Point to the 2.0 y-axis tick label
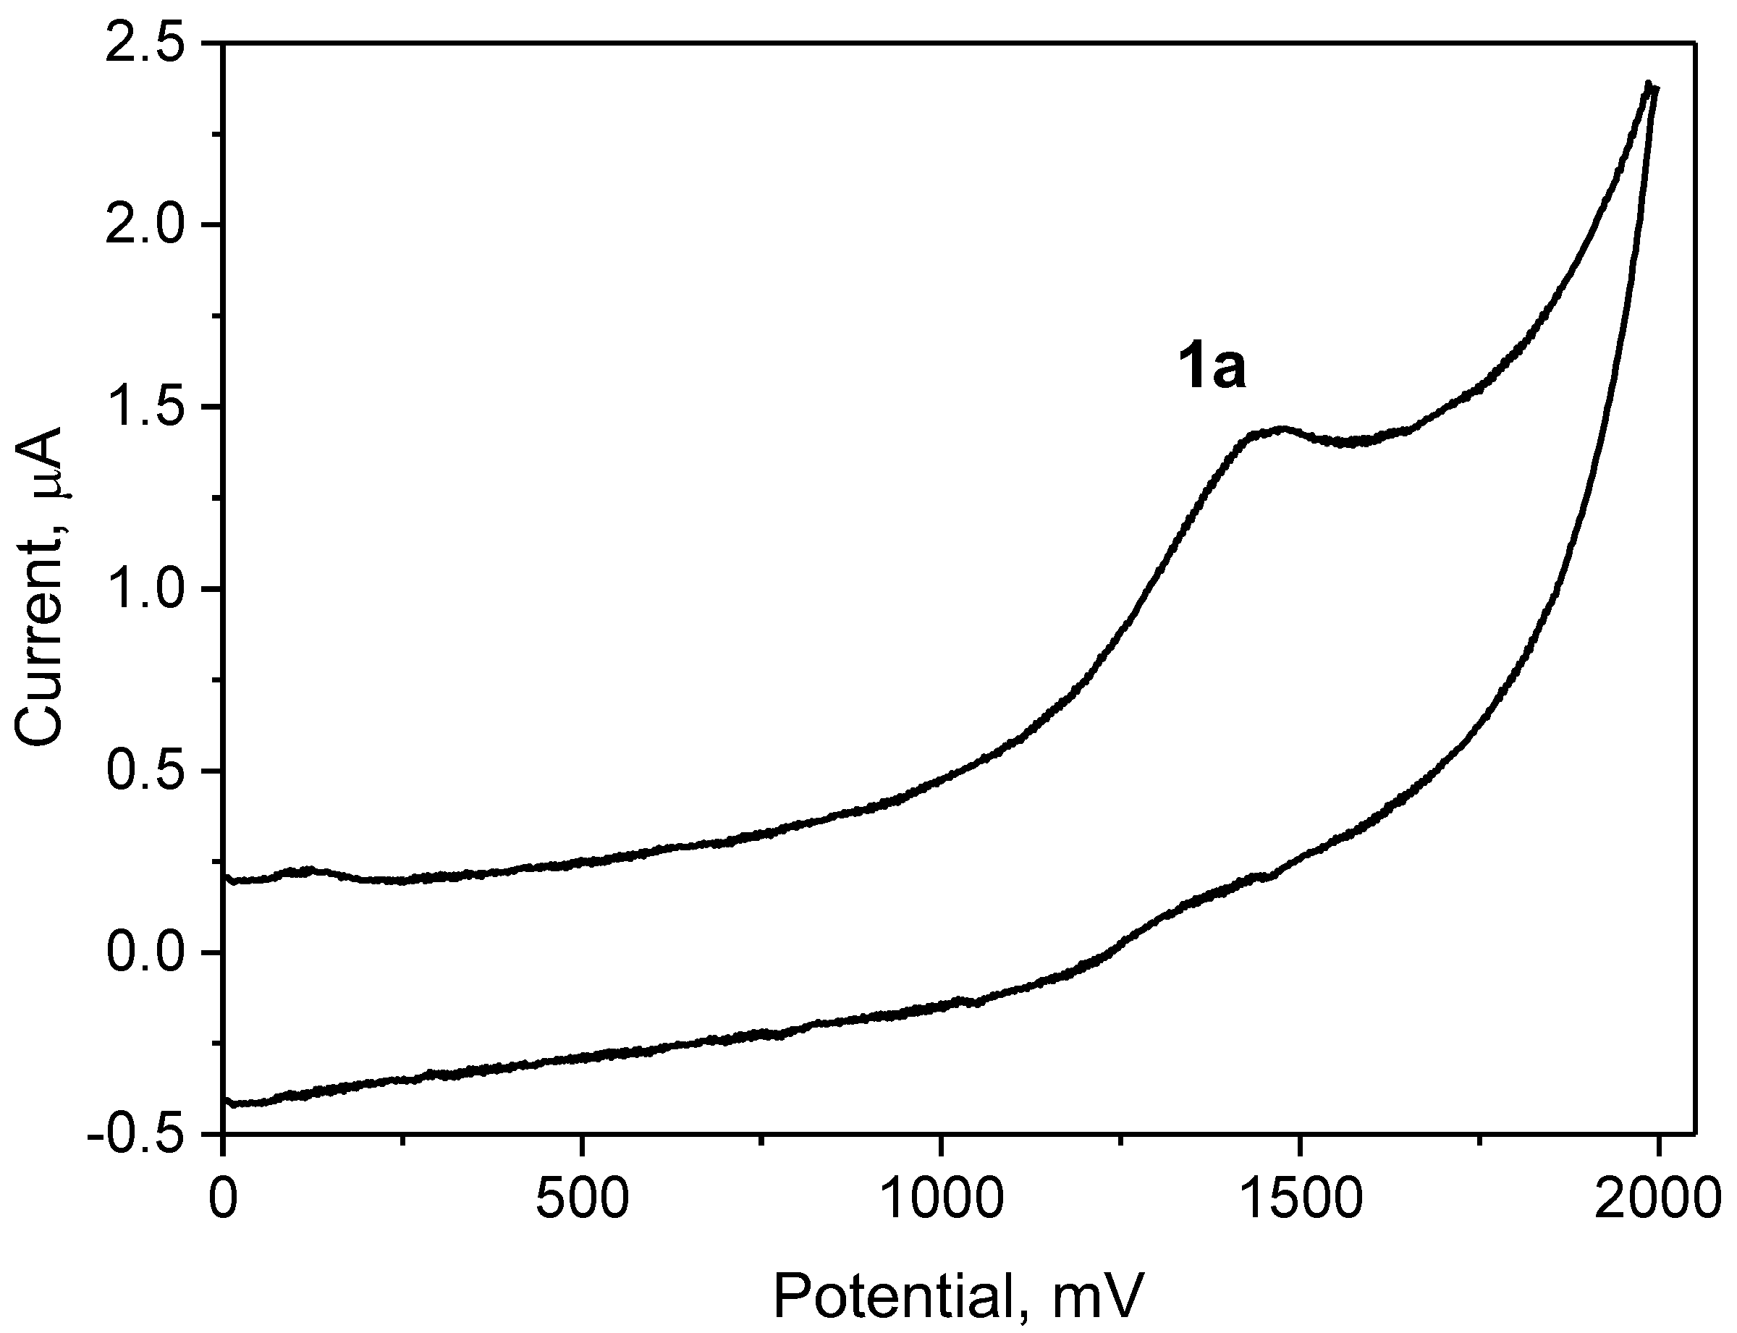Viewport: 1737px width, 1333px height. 151,225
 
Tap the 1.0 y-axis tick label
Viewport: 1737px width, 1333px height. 151,589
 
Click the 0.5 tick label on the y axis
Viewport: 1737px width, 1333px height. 151,771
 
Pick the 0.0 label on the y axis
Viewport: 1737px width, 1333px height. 151,952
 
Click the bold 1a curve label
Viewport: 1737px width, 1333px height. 1210,370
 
